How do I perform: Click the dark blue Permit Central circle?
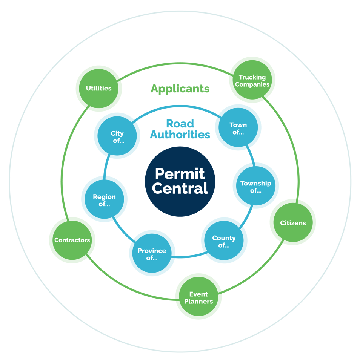click(x=180, y=181)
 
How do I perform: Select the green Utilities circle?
click(x=99, y=89)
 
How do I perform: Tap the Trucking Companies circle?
click(x=252, y=80)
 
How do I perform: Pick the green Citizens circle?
click(x=293, y=222)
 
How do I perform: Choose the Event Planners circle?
click(x=198, y=297)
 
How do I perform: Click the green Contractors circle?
click(x=72, y=240)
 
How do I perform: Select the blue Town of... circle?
click(x=238, y=127)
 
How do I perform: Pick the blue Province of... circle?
click(x=152, y=253)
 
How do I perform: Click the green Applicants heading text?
click(x=180, y=89)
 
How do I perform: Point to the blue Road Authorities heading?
click(x=180, y=129)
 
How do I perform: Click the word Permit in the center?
click(x=180, y=174)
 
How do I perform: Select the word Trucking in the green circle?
click(x=252, y=77)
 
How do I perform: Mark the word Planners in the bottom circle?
click(x=198, y=301)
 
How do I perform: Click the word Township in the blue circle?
click(x=256, y=184)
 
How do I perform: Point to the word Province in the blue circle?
click(x=152, y=251)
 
